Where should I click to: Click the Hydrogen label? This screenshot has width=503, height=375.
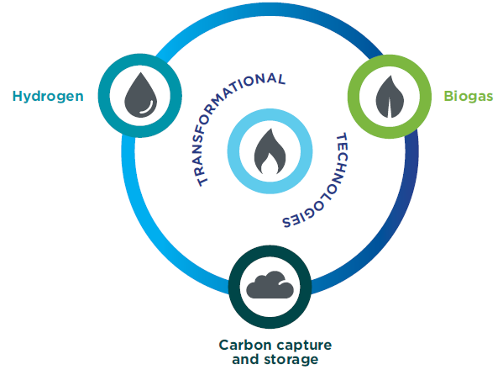(x=48, y=97)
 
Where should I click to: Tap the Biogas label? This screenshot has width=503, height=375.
(x=468, y=96)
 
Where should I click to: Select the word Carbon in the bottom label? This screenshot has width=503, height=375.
(x=245, y=345)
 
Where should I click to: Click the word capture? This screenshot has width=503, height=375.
(x=303, y=346)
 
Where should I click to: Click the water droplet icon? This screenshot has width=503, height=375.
(x=140, y=95)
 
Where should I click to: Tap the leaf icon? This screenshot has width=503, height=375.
(x=390, y=97)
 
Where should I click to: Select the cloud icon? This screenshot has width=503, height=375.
(x=270, y=285)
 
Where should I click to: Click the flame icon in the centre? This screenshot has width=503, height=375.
(x=270, y=151)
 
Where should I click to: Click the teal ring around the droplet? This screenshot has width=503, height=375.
(x=104, y=96)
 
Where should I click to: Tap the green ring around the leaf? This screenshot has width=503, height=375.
(x=354, y=97)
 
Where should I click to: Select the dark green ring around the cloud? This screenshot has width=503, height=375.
(x=234, y=287)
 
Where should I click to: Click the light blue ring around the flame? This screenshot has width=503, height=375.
(x=233, y=151)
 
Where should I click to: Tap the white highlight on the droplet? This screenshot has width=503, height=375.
(x=148, y=108)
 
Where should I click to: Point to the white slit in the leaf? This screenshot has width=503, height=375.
(x=390, y=108)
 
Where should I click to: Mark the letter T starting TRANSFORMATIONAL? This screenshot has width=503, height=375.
(x=202, y=181)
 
